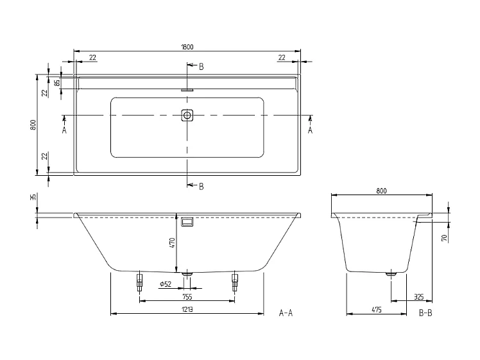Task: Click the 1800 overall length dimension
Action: [187, 46]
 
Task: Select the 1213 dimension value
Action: [187, 309]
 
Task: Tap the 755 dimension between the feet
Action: [187, 296]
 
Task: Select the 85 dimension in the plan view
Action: [57, 82]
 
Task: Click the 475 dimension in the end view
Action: [377, 309]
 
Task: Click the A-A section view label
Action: [286, 313]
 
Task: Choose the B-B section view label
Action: [425, 313]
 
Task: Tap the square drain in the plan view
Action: [187, 116]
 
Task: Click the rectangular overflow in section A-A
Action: [187, 221]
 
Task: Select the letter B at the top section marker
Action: [201, 67]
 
